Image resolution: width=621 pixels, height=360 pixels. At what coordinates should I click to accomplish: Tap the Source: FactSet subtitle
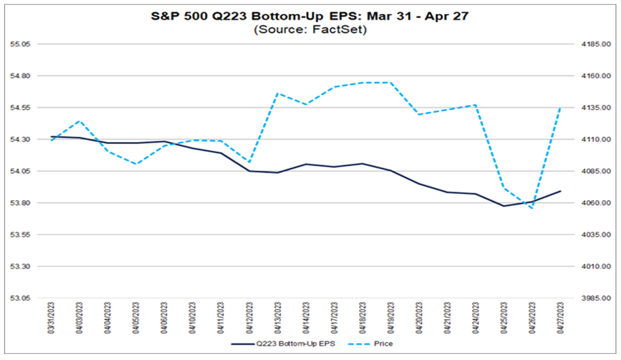[x=310, y=29]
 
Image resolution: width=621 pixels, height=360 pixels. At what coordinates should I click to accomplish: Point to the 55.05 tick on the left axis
[x=21, y=44]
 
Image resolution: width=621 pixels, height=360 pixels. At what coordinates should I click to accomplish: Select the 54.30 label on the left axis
[x=21, y=140]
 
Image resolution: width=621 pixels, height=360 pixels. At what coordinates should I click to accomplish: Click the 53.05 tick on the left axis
[x=21, y=298]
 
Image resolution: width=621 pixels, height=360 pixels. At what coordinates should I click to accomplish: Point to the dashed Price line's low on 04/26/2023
[x=532, y=208]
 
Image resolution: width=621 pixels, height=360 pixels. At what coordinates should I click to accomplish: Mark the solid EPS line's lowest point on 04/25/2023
[x=504, y=206]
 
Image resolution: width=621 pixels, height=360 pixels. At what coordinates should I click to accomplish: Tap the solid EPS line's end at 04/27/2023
[x=560, y=191]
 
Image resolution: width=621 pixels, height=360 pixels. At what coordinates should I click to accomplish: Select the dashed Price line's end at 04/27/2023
[x=560, y=107]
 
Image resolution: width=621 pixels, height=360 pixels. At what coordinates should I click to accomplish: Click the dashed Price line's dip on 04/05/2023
[x=136, y=164]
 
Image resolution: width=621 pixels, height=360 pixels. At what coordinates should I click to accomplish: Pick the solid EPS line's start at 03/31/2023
[x=52, y=137]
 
